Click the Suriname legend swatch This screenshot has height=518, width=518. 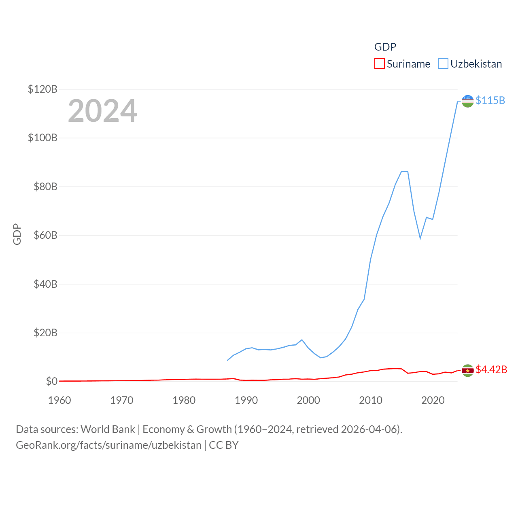point(379,64)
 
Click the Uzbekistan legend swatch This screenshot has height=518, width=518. point(443,64)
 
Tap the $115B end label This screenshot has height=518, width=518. point(490,100)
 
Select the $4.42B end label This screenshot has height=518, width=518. point(491,369)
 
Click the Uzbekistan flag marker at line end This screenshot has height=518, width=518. point(467,101)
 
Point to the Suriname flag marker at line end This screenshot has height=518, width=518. point(467,370)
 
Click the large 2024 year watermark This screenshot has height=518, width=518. point(102,111)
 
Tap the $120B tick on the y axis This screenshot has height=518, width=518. point(42,89)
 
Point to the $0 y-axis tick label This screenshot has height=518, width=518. point(51,381)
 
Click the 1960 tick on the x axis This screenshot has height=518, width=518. point(59,400)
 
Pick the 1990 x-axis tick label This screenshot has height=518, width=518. point(246,400)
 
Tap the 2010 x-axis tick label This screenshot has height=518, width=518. point(371,400)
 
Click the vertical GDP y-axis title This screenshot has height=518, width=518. point(17,234)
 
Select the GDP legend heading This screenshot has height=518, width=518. point(385,47)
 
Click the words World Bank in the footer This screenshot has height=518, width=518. point(108,429)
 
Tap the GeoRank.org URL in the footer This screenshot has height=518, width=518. point(108,445)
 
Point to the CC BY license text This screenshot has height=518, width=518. point(224,445)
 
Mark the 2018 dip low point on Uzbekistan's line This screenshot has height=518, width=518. point(420,238)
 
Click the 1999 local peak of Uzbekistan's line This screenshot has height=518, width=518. point(302,340)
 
